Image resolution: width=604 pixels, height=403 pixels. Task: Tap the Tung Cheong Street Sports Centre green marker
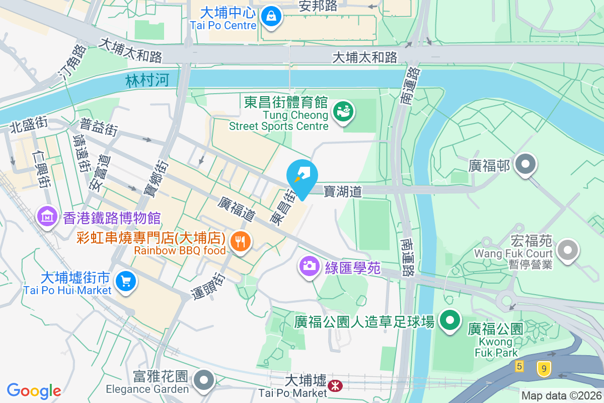344,111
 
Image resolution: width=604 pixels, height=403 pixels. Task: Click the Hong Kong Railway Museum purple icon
47,217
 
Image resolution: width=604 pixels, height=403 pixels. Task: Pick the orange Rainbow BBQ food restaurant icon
241,241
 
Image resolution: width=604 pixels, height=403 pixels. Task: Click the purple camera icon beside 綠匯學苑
310,265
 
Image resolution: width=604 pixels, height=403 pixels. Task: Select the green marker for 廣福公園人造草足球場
450,320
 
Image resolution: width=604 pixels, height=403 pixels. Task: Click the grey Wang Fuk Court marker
569,249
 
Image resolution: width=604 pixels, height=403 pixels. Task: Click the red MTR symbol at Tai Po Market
334,386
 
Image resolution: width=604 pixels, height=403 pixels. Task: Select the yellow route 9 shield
543,369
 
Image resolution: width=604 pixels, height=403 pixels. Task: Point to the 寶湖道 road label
342,191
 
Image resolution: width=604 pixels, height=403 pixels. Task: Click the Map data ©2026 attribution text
561,395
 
